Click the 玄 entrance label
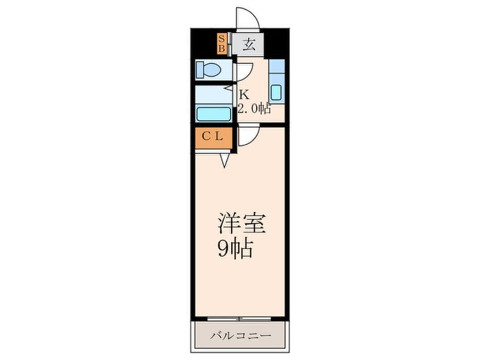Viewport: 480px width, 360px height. point(249,44)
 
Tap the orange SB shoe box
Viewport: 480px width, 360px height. point(222,44)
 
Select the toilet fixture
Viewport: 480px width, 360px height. point(209,70)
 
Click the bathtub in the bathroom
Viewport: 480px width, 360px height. point(213,113)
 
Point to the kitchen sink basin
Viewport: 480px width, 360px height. point(276,92)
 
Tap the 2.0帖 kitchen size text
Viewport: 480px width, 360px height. point(254,108)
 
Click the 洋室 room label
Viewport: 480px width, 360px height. point(242,223)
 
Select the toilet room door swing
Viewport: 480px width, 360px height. point(243,71)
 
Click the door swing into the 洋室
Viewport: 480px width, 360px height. point(248,136)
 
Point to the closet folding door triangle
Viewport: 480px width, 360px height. point(225,160)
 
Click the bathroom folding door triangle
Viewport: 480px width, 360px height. point(229,88)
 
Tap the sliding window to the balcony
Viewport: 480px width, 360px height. point(240,319)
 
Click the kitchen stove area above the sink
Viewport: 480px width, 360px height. point(276,66)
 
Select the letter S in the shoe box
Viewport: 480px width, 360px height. point(222,39)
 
